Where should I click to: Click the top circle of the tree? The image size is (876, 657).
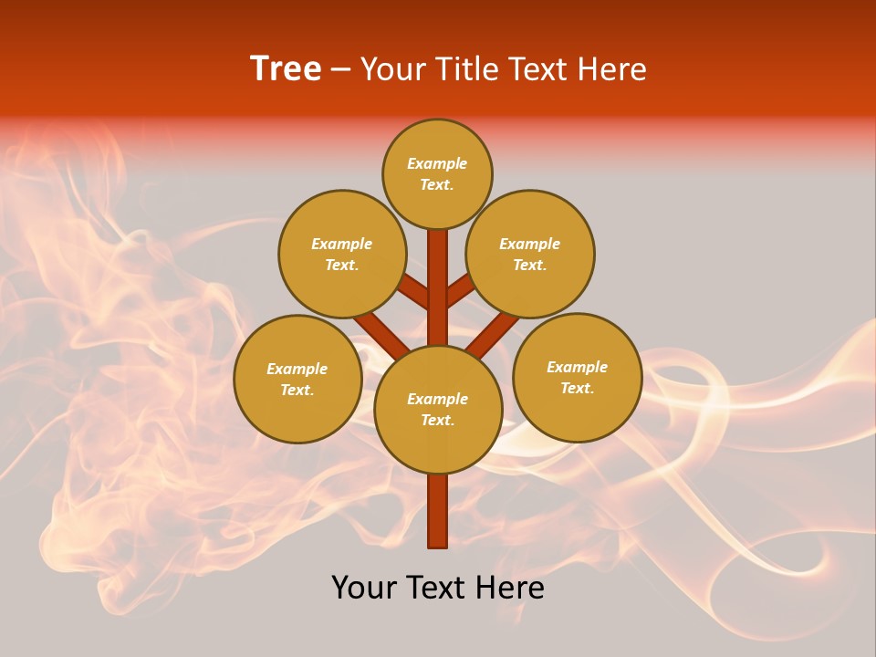point(437,173)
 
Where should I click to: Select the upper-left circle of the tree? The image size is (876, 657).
point(341,254)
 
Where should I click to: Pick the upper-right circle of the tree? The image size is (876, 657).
point(530,254)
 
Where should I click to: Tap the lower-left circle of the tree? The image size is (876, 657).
point(297,379)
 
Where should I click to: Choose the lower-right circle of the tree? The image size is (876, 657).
point(578,377)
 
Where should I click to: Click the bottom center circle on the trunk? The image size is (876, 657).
point(438,409)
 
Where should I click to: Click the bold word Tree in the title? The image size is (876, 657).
point(286,69)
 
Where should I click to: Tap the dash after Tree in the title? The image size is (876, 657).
point(340,70)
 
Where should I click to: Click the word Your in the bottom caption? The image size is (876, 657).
point(365,588)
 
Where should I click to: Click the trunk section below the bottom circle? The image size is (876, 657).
point(438,511)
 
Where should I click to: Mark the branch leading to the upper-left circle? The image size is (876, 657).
point(413,294)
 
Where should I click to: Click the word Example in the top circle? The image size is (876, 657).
point(437,164)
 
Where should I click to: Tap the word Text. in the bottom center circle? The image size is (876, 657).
point(438,421)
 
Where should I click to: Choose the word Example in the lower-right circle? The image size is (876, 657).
point(578,367)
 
